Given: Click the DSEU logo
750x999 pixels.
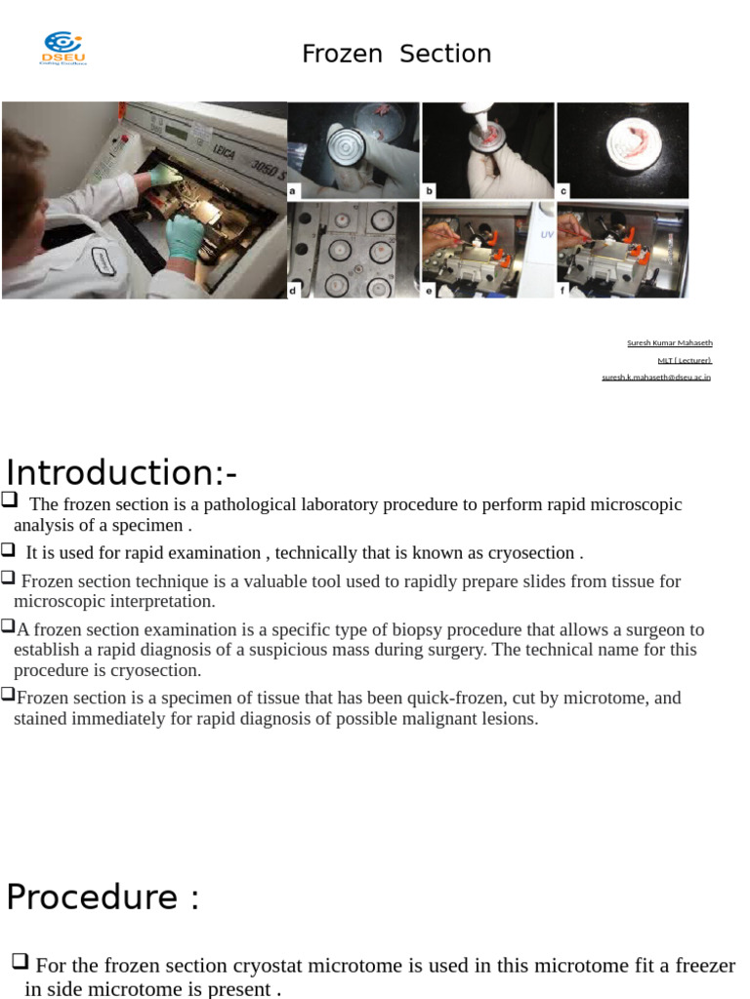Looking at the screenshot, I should click(62, 48).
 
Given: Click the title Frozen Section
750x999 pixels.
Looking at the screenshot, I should click(396, 54).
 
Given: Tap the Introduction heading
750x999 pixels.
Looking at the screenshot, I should click(121, 473).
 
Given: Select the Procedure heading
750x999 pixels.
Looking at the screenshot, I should click(103, 897).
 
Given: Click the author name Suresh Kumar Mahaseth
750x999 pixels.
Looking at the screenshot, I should click(669, 342).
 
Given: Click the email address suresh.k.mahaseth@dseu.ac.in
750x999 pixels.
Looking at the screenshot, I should click(656, 377).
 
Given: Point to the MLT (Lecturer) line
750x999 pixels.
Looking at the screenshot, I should click(684, 360).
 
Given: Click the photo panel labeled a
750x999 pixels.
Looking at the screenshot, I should click(354, 151).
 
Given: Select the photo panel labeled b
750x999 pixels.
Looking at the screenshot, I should click(487, 151).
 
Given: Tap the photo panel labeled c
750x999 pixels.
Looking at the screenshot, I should click(622, 151).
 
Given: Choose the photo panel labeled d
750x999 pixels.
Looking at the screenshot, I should click(354, 250).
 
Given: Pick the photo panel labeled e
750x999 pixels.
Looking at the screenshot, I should click(487, 250).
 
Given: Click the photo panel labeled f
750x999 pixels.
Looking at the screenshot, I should click(622, 250).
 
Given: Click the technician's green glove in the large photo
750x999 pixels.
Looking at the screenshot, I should click(184, 237).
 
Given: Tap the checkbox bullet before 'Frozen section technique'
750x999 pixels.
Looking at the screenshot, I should click(9, 577).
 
